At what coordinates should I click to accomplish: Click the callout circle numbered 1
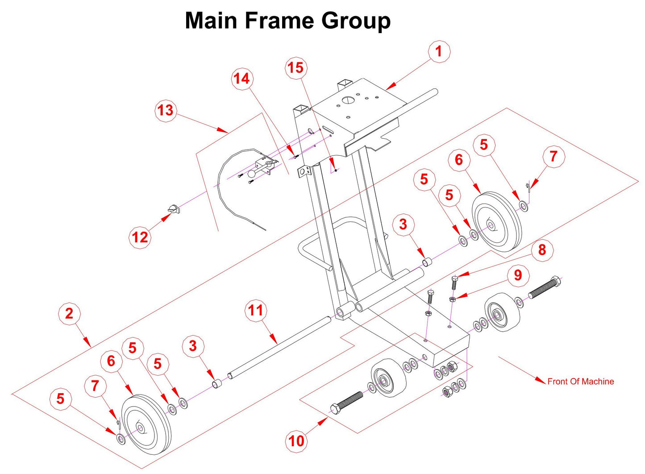click(439, 51)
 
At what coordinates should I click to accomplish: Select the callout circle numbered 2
click(69, 313)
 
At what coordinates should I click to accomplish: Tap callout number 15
click(295, 68)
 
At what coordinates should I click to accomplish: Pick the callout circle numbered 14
click(242, 79)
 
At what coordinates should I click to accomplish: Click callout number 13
click(166, 110)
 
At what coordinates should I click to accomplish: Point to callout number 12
click(140, 237)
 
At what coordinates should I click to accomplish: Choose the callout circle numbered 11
click(256, 310)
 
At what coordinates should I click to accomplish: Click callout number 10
click(296, 441)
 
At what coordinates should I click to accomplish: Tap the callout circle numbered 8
click(542, 249)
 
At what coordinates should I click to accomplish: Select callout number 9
click(518, 274)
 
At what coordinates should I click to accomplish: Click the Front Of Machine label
click(580, 382)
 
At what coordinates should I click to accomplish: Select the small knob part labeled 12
click(173, 208)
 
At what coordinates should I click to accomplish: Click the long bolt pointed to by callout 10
click(346, 401)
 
